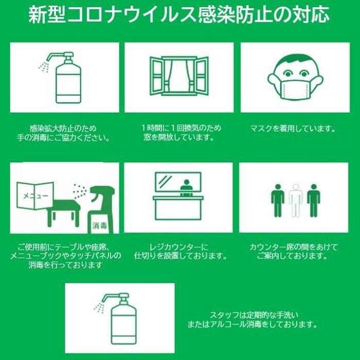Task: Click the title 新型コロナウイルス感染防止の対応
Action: pos(179,15)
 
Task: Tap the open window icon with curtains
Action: pos(179,76)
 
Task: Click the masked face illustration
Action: pos(295,77)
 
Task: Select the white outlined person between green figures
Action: pos(296,200)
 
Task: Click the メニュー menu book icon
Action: pos(35,196)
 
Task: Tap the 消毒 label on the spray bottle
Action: pos(100,226)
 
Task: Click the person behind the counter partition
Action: pos(186,185)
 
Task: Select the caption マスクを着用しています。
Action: pos(293,129)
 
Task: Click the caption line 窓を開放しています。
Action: pos(179,137)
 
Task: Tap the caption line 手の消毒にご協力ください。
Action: pos(64,138)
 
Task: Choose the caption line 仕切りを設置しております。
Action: pos(181,256)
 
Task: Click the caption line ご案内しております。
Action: pos(292,256)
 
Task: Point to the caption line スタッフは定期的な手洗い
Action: pos(255,315)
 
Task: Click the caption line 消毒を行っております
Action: pos(65,265)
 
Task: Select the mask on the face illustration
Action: pos(296,89)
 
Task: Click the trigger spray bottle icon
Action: pos(101,210)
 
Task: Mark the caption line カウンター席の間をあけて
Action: pos(294,247)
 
